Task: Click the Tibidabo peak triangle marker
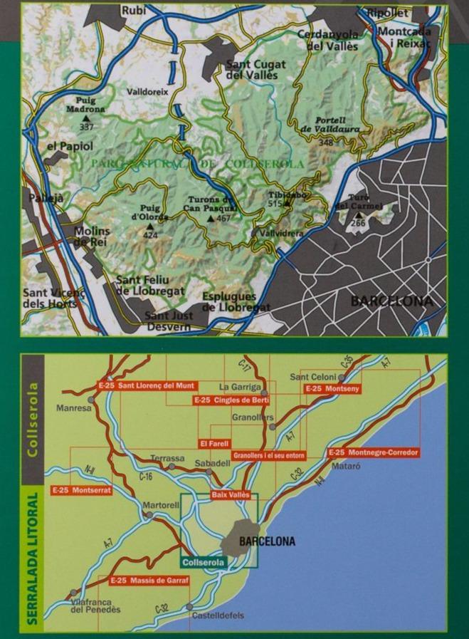point(288,204)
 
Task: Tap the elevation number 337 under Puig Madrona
point(87,127)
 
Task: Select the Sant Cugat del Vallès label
point(255,69)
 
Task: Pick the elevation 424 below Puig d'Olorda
point(150,234)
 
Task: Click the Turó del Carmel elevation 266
point(358,223)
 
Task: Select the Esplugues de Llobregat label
point(236,302)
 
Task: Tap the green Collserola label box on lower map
point(204,563)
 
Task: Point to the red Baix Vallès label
point(230,494)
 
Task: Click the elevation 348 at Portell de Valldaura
point(326,142)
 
